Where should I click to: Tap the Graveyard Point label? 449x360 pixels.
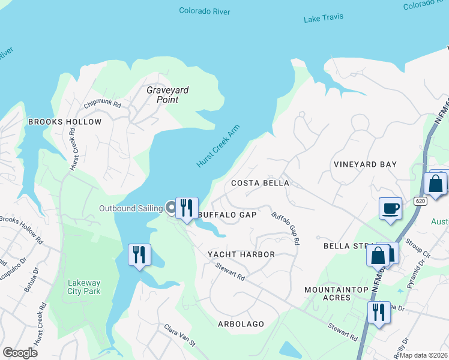(167, 95)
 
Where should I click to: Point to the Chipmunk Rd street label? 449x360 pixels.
(103, 104)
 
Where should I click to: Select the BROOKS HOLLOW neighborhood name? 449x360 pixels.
(65, 122)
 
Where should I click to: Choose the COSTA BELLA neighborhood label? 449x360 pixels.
(260, 183)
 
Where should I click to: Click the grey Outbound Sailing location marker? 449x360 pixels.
(171, 208)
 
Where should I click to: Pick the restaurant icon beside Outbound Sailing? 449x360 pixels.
(187, 208)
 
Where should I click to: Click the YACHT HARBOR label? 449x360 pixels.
(241, 254)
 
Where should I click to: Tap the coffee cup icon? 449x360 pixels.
(390, 208)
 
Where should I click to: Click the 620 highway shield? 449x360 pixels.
(420, 201)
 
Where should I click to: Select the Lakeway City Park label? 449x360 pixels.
(84, 287)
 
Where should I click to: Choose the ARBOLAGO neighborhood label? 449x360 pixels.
(241, 324)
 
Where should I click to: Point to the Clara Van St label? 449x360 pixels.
(180, 336)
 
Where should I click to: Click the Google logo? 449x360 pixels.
(20, 353)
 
